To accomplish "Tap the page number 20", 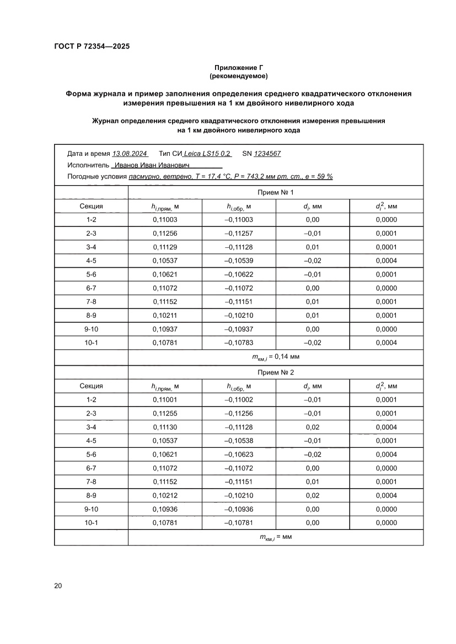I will point(58,586).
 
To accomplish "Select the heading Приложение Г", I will point(238,67).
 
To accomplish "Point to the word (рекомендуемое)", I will point(238,75).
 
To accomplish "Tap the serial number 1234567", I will point(267,154).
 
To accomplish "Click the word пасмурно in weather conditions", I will point(144,176).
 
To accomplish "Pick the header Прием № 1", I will point(276,192).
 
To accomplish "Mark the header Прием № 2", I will point(276,372).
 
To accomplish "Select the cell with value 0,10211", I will point(165,316).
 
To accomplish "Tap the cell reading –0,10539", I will point(238,261).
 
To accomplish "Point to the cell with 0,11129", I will point(165,247).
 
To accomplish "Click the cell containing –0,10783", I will point(238,343).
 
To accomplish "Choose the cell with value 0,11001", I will point(165,399).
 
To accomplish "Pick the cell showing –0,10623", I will point(238,454).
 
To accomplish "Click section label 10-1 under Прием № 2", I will point(91,523).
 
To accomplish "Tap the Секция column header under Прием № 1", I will point(91,207).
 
